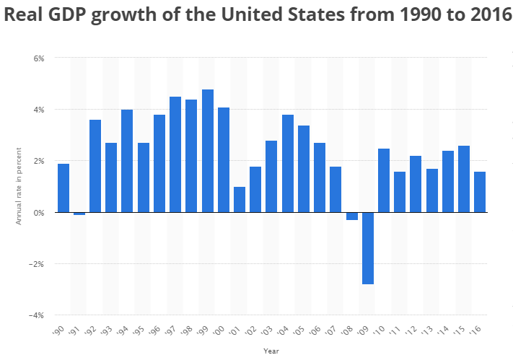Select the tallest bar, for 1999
coord(208,151)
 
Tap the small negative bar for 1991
coord(79,214)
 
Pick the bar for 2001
coord(240,200)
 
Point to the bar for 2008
coord(352,216)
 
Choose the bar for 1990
coord(63,188)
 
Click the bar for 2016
coord(480,192)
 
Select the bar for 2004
coord(288,164)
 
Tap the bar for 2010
coord(384,180)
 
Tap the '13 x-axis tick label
coord(430,331)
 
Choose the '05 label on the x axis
coord(302,331)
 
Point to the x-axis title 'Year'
coord(271,351)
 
